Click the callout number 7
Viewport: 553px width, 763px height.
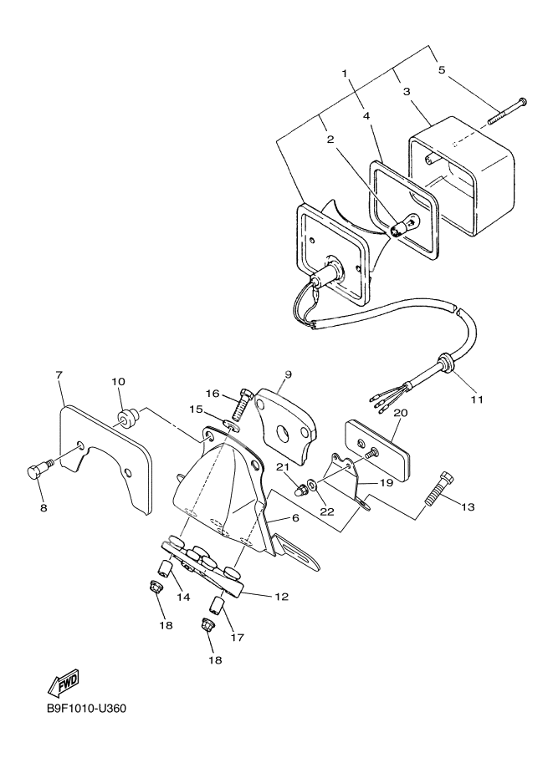[x=59, y=375]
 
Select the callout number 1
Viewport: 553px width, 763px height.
[x=344, y=73]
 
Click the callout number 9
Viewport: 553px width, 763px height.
[x=286, y=375]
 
